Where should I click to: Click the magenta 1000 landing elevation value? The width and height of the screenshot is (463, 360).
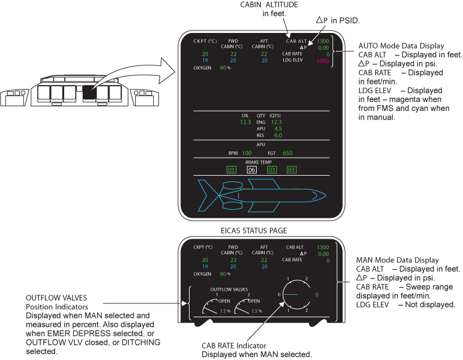[x=323, y=61]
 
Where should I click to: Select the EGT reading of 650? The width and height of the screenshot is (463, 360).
[x=287, y=153]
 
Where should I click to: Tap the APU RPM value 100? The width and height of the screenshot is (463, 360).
[x=246, y=153]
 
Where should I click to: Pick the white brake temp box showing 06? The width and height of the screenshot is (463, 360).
[x=251, y=170]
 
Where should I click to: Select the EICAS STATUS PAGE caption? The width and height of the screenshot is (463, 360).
[x=254, y=231]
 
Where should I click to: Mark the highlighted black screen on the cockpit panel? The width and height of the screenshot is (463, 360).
[x=90, y=92]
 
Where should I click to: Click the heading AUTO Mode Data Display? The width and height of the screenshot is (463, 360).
[x=401, y=45]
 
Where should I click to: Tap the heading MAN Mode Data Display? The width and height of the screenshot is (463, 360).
[x=398, y=261]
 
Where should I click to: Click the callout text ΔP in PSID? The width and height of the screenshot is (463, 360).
[x=338, y=20]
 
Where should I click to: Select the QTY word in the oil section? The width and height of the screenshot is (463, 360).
[x=261, y=116]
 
